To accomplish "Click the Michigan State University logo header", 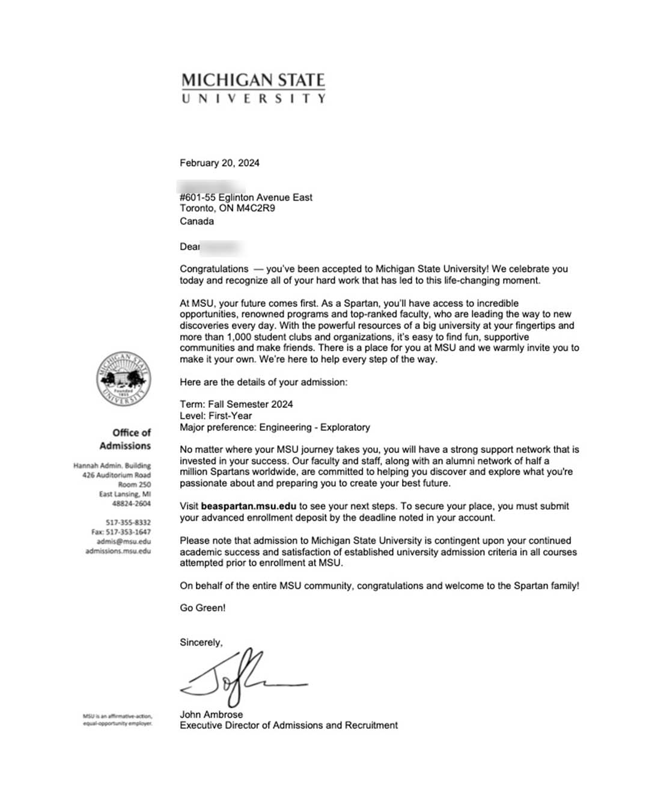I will pos(253,88).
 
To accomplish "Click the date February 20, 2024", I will pos(219,163).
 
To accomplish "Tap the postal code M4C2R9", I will pos(255,208).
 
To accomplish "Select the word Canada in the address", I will pos(197,221).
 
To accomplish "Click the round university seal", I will pos(123,379).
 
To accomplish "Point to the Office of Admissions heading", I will pos(125,439).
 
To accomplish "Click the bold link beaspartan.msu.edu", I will pos(249,506).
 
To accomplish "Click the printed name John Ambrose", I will pos(211,714).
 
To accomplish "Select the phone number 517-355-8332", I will pos(128,523).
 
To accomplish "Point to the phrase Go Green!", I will pos(203,608).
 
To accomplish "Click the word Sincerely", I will pos(201,642).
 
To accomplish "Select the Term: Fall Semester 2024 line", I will pos(236,404).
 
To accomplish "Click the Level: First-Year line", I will pos(216,416).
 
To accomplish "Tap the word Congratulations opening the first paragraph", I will pos(214,269).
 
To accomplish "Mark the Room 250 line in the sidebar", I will pos(135,484).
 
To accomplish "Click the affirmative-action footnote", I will pos(118,720).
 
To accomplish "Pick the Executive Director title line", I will pos(288,725).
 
